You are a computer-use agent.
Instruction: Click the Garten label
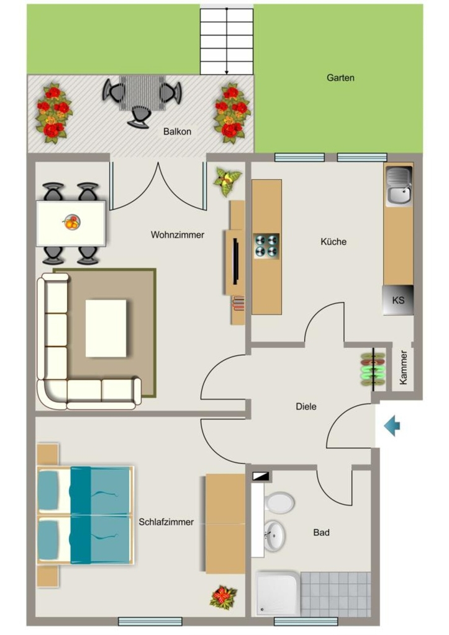tap(340, 78)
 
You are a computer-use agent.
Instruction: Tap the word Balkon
tap(177, 131)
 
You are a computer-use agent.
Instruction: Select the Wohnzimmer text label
tap(177, 235)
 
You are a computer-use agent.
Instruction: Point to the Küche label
tap(333, 242)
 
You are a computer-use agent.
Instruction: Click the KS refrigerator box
tap(398, 300)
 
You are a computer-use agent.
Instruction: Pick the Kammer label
tap(403, 367)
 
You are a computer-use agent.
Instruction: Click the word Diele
tap(306, 407)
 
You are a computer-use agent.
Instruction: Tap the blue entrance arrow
tap(392, 426)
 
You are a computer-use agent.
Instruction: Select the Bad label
tap(321, 533)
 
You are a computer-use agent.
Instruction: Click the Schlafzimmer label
tap(166, 522)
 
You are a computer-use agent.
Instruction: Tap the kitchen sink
tap(399, 185)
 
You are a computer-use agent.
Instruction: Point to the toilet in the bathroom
tap(279, 503)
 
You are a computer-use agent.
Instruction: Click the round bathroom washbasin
tap(274, 536)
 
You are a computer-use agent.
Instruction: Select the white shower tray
tap(278, 593)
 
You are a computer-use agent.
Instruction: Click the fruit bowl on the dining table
tap(72, 222)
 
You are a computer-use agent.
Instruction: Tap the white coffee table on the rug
tap(106, 329)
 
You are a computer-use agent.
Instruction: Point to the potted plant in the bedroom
tap(223, 597)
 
